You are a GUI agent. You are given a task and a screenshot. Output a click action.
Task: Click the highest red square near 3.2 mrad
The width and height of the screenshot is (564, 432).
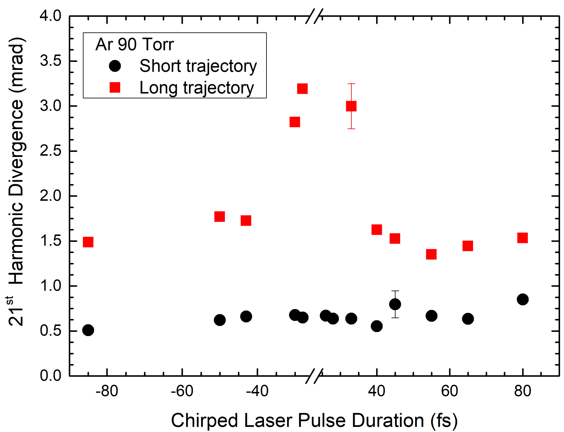pos(302,89)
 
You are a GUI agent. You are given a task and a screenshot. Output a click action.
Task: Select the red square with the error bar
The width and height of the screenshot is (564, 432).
pos(351,106)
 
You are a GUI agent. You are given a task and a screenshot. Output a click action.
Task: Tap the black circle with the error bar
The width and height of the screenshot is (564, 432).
pos(395,304)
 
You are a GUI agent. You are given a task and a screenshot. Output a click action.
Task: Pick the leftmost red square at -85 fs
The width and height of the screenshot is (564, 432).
pos(88,242)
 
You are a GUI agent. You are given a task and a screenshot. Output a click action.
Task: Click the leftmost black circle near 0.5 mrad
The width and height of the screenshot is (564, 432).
pos(88,330)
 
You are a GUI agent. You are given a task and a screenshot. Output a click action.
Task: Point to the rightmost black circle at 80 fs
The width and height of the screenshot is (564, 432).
pos(522,299)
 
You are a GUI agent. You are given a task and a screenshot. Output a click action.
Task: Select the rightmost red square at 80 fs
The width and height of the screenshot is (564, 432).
pos(522,238)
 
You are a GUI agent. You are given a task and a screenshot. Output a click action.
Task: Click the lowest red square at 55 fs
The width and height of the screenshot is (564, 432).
pos(431,254)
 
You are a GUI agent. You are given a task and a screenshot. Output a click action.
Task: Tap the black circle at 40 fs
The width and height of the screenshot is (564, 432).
pos(376,326)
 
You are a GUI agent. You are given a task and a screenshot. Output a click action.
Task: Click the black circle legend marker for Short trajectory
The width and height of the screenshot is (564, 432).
pos(115,66)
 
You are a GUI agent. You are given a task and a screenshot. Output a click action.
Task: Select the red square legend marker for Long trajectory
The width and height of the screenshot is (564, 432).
pos(115,88)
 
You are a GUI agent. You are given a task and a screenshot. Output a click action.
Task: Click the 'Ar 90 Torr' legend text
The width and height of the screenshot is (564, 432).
pos(134,44)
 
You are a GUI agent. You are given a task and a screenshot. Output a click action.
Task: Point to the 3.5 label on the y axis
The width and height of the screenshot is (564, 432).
pos(50,61)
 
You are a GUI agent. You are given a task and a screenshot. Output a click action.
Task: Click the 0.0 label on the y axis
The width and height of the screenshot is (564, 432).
pos(50,376)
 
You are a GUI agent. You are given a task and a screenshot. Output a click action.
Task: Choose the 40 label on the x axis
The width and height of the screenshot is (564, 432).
pos(376,391)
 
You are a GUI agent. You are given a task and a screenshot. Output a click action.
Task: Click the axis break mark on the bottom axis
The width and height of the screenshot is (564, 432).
pos(314,376)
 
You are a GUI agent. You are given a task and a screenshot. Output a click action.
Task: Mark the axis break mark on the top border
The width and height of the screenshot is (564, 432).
pos(314,16)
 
